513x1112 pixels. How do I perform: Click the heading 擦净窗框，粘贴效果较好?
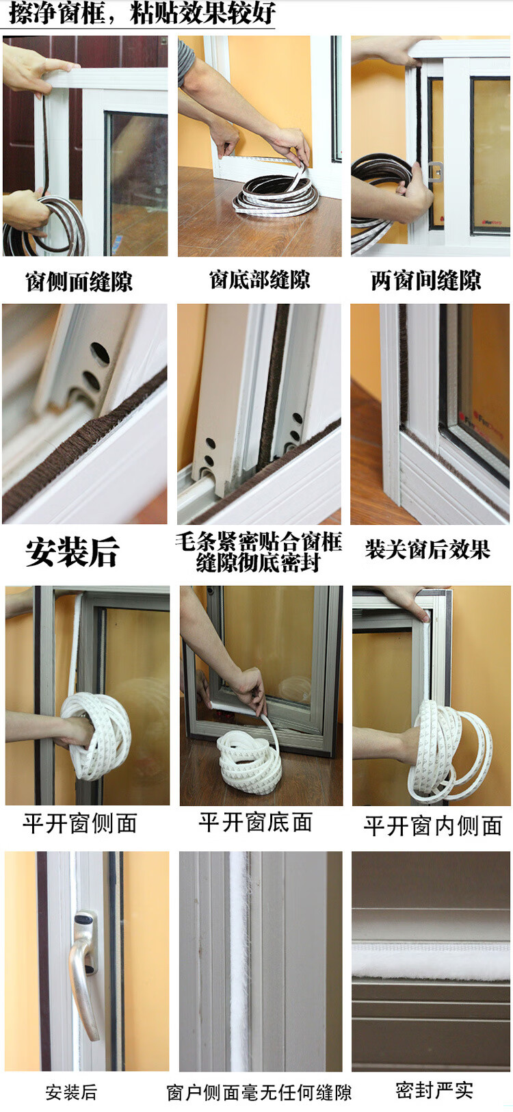click(142, 13)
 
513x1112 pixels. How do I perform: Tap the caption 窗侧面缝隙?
click(79, 281)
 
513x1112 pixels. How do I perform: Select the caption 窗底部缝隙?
click(259, 279)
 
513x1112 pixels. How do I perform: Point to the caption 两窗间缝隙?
click(425, 281)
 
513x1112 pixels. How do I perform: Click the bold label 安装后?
click(73, 552)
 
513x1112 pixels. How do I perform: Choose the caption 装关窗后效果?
click(428, 549)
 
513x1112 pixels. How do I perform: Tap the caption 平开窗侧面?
click(80, 824)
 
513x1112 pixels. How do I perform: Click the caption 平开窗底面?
click(256, 823)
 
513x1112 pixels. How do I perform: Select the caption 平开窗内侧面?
click(432, 826)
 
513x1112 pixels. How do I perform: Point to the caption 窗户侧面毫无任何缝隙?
click(259, 1093)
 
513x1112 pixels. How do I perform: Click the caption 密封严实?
click(434, 1090)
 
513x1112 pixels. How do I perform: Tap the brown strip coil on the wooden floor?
click(276, 194)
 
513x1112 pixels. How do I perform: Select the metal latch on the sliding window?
click(435, 172)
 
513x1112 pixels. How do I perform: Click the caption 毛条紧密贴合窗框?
click(259, 541)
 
